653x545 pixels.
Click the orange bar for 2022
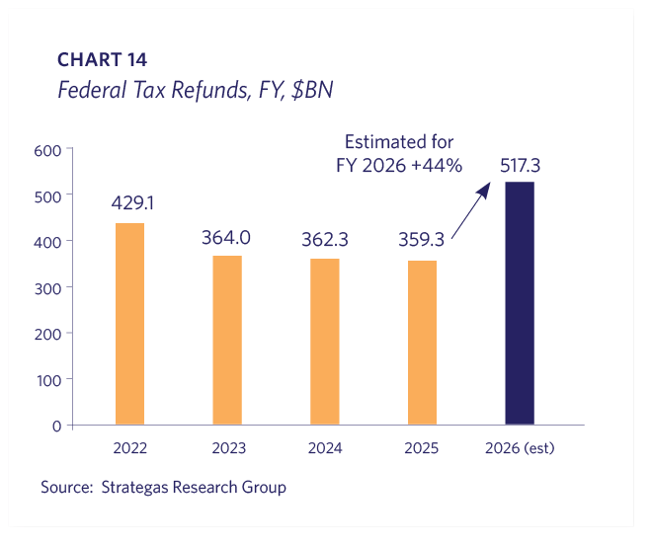point(129,324)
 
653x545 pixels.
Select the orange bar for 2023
point(227,341)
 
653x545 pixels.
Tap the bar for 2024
point(325,342)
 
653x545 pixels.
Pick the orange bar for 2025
point(422,343)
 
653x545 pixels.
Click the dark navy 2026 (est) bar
point(520,303)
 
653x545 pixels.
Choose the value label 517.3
point(520,161)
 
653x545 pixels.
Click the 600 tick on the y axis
point(49,150)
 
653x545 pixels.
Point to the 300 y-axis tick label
point(49,287)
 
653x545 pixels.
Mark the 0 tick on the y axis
point(56,426)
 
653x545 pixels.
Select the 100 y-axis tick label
point(49,379)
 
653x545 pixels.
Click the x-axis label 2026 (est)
point(520,448)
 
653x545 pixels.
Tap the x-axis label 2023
point(228,448)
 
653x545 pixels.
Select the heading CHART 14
point(102,61)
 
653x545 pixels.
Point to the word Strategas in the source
point(136,488)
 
